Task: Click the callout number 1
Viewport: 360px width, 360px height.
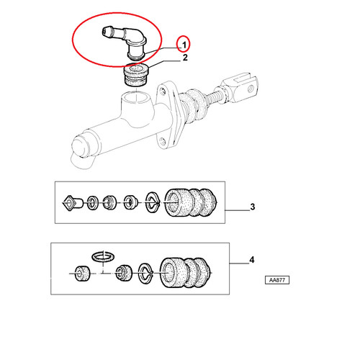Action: pyautogui.click(x=184, y=45)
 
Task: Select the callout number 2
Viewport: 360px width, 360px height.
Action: pyautogui.click(x=185, y=58)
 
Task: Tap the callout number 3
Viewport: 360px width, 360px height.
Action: pyautogui.click(x=253, y=207)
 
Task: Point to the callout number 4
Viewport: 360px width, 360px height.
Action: pyautogui.click(x=252, y=260)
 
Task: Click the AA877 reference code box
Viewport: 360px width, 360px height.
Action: pyautogui.click(x=277, y=280)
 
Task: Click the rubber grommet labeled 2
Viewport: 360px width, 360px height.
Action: pyautogui.click(x=136, y=74)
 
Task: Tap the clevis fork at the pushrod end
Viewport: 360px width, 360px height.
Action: pyautogui.click(x=241, y=86)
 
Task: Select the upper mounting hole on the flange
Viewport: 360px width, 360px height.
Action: pyautogui.click(x=163, y=91)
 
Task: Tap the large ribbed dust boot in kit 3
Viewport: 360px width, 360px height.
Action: pyautogui.click(x=191, y=203)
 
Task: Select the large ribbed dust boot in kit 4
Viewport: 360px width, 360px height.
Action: pyautogui.click(x=186, y=273)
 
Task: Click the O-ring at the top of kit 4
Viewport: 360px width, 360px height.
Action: pyautogui.click(x=103, y=257)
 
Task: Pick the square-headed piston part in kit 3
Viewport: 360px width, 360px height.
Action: pyautogui.click(x=73, y=203)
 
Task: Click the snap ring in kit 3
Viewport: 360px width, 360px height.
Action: pyautogui.click(x=153, y=202)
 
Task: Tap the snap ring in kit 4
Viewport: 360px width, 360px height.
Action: pyautogui.click(x=145, y=273)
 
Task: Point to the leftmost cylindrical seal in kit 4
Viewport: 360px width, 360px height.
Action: pyautogui.click(x=82, y=274)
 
